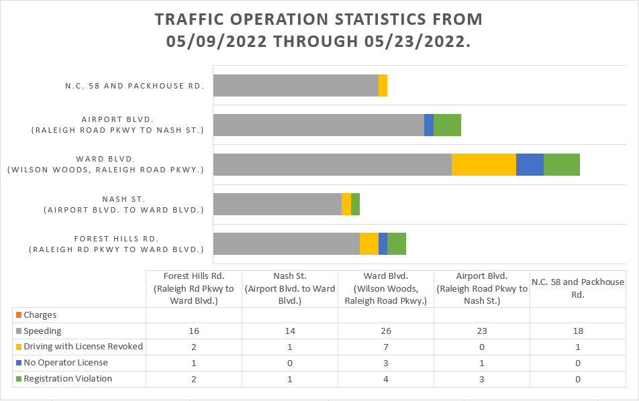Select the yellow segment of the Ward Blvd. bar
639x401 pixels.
click(x=483, y=164)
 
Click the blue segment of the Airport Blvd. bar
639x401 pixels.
click(x=428, y=125)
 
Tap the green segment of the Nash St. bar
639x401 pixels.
click(x=355, y=204)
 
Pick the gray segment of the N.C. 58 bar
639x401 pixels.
click(x=295, y=85)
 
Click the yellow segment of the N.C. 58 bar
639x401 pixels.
click(x=383, y=85)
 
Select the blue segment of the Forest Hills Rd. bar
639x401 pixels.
click(x=383, y=243)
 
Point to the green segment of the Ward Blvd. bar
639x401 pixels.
click(x=561, y=164)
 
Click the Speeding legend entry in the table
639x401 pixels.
click(x=42, y=331)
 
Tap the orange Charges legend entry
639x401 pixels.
click(x=40, y=314)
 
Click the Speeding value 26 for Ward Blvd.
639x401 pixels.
click(x=386, y=331)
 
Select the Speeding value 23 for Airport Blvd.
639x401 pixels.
click(x=482, y=331)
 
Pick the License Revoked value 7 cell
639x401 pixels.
click(x=386, y=347)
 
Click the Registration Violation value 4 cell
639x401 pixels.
click(x=386, y=379)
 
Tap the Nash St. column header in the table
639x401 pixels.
click(x=290, y=288)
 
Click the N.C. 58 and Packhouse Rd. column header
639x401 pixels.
click(x=577, y=288)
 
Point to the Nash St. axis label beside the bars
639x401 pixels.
click(x=124, y=204)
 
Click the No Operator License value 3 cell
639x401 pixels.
click(x=386, y=363)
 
